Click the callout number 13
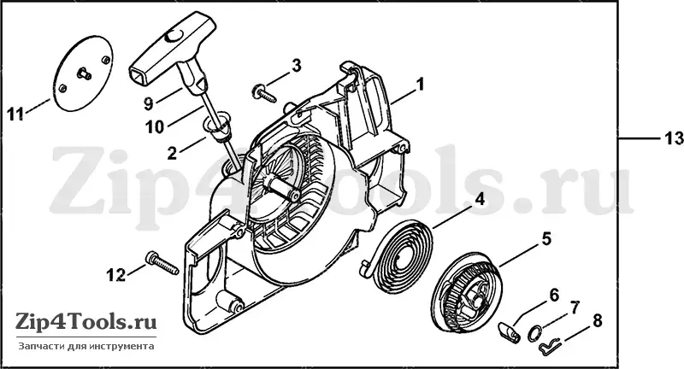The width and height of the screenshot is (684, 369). (x=673, y=138)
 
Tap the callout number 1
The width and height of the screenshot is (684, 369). (x=420, y=84)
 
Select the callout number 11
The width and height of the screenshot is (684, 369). (x=16, y=114)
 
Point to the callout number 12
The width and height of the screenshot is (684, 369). (x=116, y=274)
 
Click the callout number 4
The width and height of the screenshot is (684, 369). (x=479, y=200)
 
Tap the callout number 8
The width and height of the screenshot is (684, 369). (x=597, y=320)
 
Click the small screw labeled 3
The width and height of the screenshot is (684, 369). (x=263, y=93)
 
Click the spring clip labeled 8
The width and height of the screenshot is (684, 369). (x=548, y=344)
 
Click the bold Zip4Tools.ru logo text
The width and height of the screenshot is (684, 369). (x=86, y=322)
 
